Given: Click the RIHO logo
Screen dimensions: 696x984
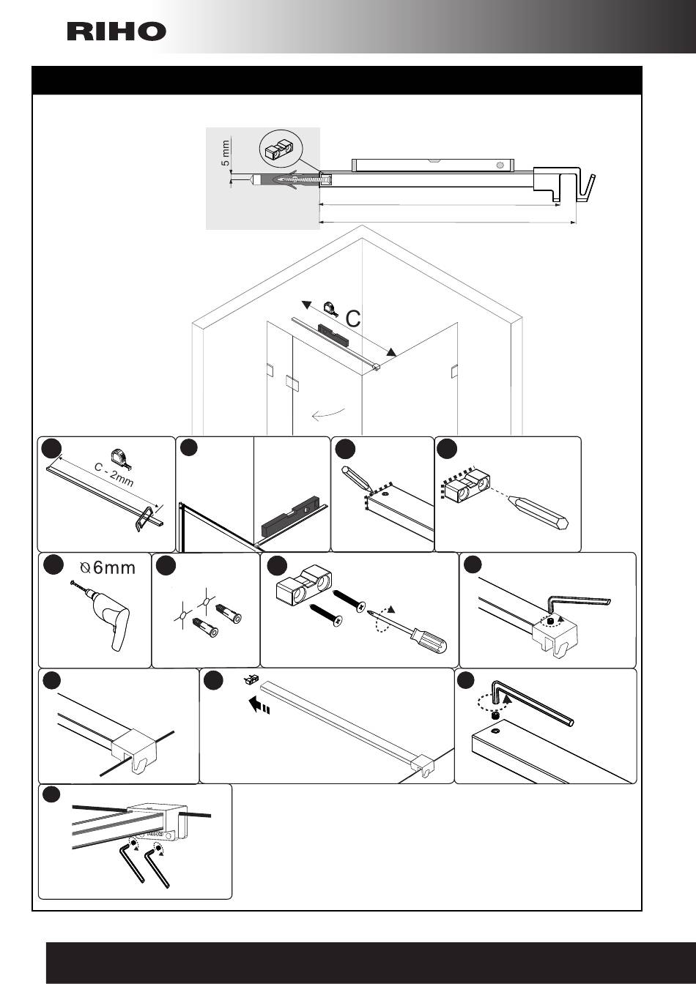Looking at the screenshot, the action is point(116,31).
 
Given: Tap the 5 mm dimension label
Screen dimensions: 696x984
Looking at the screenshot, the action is point(225,153).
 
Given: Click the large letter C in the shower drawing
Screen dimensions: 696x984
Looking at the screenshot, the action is point(353,318).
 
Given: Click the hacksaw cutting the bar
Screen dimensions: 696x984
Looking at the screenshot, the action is point(144,519).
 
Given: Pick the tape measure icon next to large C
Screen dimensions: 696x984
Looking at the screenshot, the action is point(331,308).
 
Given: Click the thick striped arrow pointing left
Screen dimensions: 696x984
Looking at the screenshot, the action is point(259,705).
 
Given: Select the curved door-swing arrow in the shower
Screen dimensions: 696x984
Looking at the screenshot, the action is point(328,414).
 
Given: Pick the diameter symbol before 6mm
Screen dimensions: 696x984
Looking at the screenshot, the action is point(85,568).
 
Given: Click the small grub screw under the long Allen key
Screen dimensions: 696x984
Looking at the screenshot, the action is point(495,716).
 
